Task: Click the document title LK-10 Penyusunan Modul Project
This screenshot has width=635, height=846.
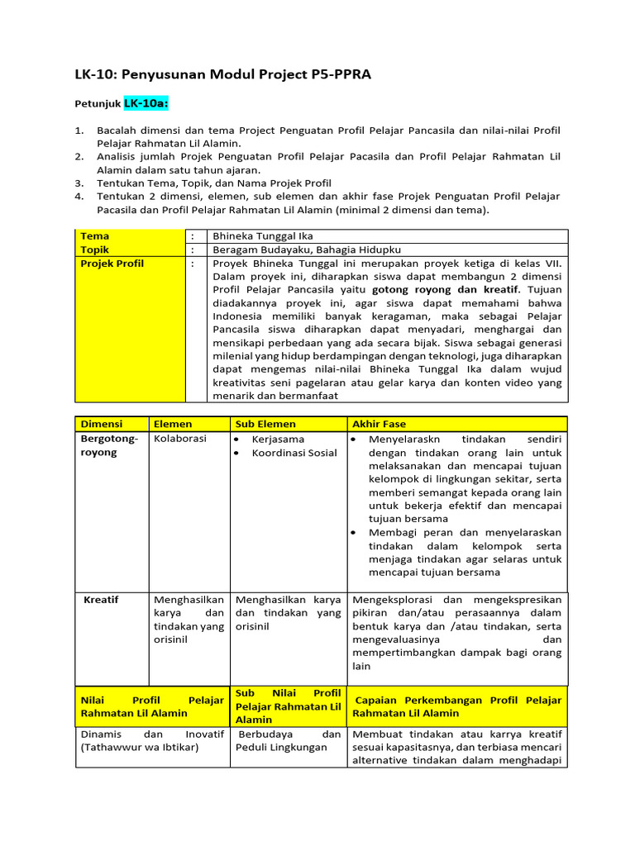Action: point(223,75)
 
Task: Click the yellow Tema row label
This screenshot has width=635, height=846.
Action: point(94,236)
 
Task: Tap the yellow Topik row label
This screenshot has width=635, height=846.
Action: point(95,250)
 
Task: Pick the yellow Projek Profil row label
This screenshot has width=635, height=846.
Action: point(112,264)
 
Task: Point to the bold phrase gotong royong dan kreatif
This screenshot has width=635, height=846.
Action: point(446,290)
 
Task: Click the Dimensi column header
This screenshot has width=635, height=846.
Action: point(101,424)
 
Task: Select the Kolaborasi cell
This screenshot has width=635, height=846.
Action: point(180,439)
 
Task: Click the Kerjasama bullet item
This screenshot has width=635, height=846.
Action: point(278,440)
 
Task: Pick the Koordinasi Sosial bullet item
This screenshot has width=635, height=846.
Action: point(294,453)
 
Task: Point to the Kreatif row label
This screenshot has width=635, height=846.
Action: point(101,599)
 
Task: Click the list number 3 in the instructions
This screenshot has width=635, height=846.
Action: point(79,183)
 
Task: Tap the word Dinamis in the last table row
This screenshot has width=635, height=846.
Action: point(101,734)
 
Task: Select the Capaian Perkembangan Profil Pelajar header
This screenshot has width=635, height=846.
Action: point(457,706)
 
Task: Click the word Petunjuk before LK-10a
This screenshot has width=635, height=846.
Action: point(98,105)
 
